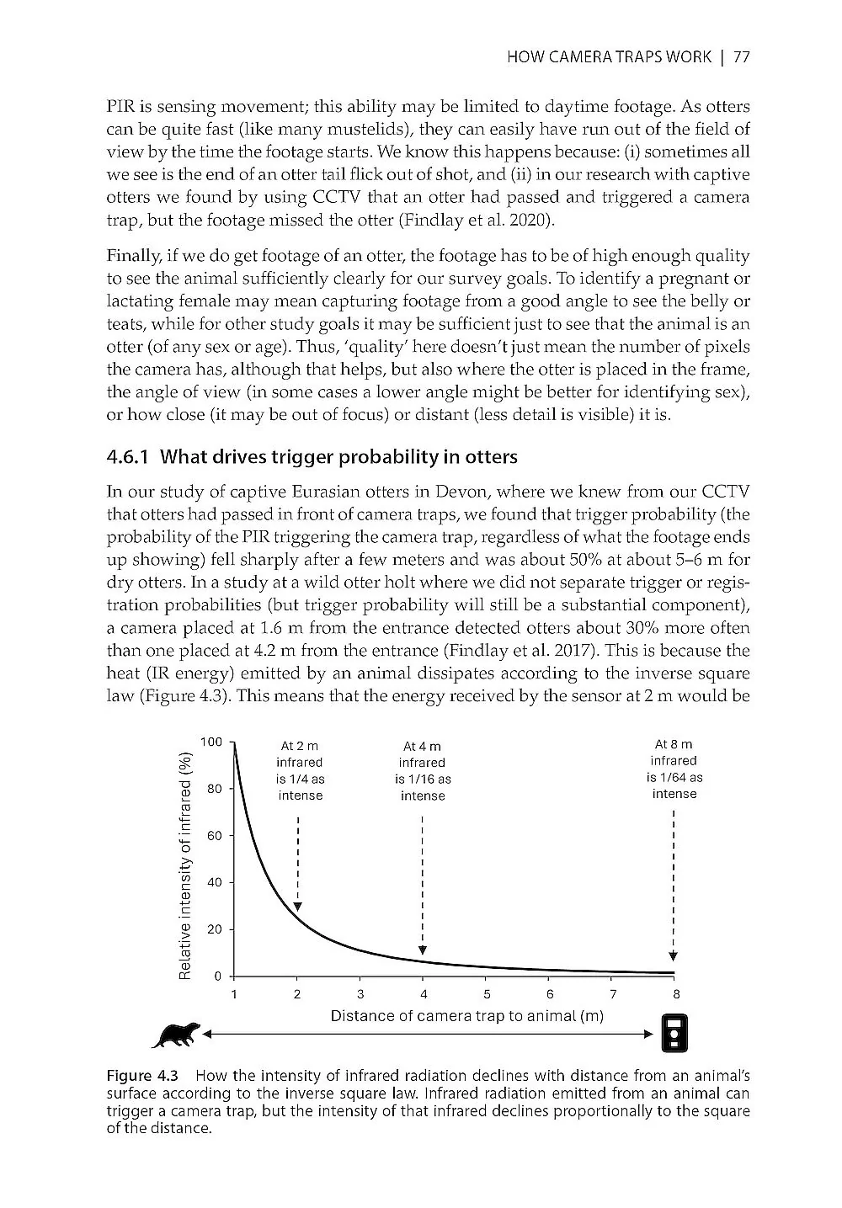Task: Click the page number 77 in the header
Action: pyautogui.click(x=741, y=57)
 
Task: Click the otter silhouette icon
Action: pyautogui.click(x=176, y=1035)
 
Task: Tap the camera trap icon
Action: pyautogui.click(x=674, y=1034)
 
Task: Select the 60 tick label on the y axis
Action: pyautogui.click(x=214, y=835)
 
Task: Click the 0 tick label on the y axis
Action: pyautogui.click(x=217, y=976)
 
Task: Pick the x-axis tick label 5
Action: pyautogui.click(x=487, y=994)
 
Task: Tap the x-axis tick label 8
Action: pyautogui.click(x=676, y=994)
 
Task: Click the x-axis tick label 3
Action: pyautogui.click(x=360, y=994)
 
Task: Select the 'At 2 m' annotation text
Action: pyautogui.click(x=300, y=746)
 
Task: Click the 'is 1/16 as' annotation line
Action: pyautogui.click(x=423, y=780)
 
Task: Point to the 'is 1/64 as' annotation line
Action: pyautogui.click(x=674, y=777)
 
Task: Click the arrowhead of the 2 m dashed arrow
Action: pyautogui.click(x=298, y=906)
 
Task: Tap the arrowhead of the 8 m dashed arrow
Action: pyautogui.click(x=674, y=956)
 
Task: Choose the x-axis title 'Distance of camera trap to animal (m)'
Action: pyautogui.click(x=467, y=1016)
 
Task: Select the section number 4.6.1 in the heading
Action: pyautogui.click(x=128, y=457)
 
